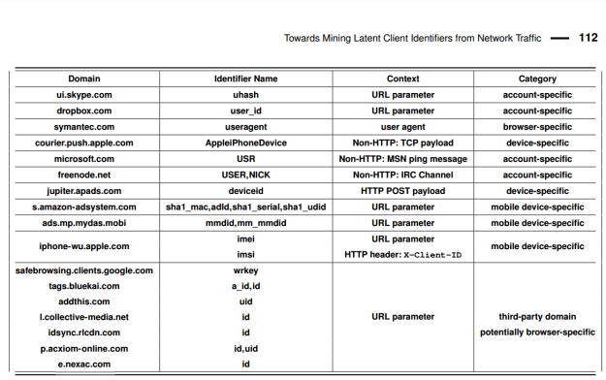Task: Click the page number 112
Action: [x=588, y=39]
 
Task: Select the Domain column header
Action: [x=84, y=79]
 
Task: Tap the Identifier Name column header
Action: [x=245, y=79]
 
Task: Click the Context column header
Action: [x=402, y=79]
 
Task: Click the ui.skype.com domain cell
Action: [x=84, y=95]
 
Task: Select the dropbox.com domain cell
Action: [x=84, y=111]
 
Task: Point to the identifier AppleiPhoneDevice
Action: [x=245, y=142]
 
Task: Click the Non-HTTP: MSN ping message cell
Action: [x=402, y=159]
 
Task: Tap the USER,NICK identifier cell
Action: [x=245, y=174]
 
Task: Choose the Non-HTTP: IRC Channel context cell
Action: [x=402, y=174]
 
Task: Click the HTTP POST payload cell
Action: [x=402, y=191]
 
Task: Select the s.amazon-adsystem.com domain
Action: [x=84, y=206]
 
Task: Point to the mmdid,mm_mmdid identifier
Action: [x=245, y=223]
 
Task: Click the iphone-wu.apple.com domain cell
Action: [x=84, y=246]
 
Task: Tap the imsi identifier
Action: [x=245, y=254]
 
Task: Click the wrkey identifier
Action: [x=245, y=270]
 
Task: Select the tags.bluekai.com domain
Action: [x=84, y=286]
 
